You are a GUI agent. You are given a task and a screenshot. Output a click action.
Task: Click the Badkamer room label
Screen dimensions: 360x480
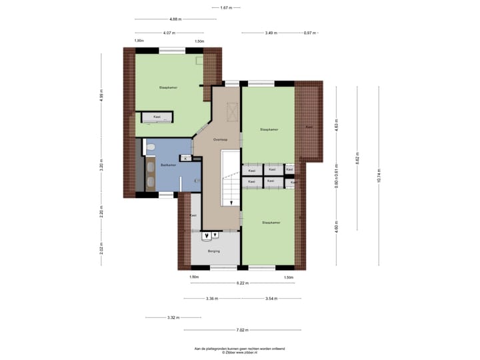[169, 165]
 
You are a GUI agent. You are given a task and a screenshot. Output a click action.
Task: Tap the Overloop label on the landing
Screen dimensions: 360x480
[221, 140]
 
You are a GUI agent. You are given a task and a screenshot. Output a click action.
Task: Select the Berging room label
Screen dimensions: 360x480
[213, 251]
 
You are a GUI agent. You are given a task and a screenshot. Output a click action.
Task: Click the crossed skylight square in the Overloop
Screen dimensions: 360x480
[233, 113]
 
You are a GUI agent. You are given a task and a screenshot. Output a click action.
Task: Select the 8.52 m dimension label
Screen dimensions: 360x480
[357, 158]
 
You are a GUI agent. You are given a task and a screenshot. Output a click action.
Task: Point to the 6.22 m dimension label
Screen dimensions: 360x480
[242, 283]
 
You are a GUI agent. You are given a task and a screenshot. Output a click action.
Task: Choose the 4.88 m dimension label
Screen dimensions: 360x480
[176, 19]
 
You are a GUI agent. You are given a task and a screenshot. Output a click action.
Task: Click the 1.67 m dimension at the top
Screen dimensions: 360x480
[225, 7]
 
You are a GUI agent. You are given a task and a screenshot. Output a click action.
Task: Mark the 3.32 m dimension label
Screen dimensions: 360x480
[173, 317]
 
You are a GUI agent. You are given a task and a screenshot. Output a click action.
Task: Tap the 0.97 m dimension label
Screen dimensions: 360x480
[309, 33]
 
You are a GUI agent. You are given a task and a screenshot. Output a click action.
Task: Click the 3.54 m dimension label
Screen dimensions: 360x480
[271, 298]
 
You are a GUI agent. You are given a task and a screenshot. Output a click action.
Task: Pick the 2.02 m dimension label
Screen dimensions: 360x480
[101, 248]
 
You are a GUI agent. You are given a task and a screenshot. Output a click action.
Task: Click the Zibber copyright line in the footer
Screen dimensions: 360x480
[239, 352]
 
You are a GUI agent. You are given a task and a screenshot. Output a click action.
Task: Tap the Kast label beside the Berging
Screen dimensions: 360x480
[193, 215]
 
